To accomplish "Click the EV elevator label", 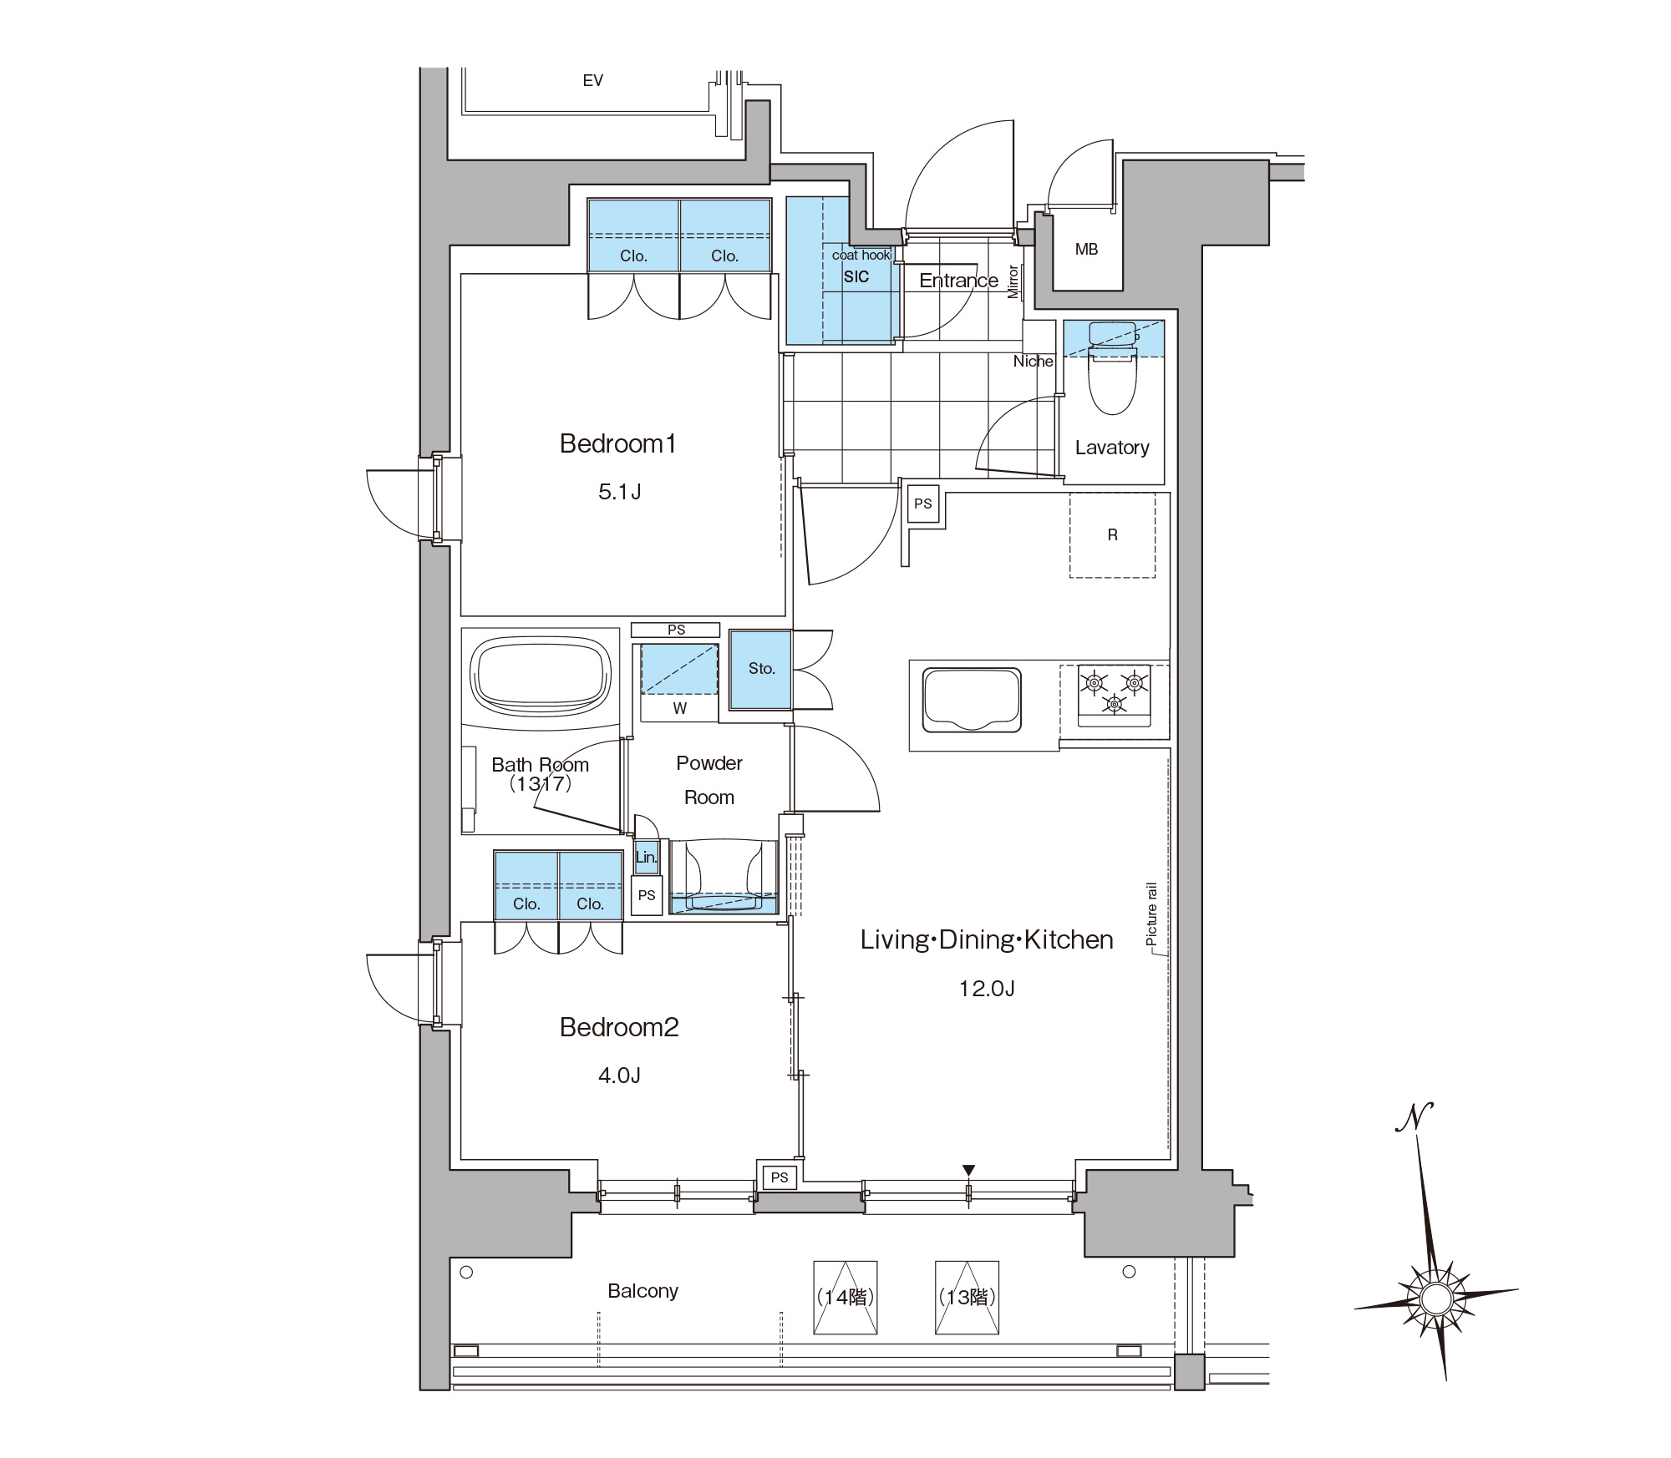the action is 592,80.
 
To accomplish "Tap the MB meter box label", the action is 1086,249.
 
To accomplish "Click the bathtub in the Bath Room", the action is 541,676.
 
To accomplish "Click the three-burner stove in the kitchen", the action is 1114,692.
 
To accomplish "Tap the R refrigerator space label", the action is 1112,534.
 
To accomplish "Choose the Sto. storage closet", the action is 760,670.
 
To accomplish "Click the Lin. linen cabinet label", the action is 646,857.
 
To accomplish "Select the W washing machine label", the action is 680,708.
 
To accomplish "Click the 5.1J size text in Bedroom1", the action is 619,492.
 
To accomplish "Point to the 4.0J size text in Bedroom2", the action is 619,1076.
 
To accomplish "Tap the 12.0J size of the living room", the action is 987,989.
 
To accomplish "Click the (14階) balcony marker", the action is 846,1297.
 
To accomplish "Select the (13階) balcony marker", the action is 968,1297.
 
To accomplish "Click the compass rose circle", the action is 1436,1299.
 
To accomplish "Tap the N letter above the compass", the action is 1415,1116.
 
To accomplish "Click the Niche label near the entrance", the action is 1033,362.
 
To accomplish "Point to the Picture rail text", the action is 1151,914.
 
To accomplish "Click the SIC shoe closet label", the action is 856,277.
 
